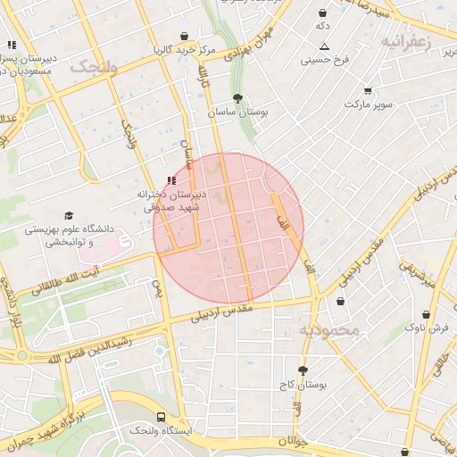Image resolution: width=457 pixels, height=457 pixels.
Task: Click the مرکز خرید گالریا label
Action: click(185, 49)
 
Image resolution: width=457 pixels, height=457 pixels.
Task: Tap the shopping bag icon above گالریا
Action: click(185, 37)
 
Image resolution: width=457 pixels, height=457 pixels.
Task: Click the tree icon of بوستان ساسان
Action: click(237, 99)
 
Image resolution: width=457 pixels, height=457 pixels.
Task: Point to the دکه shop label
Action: click(323, 27)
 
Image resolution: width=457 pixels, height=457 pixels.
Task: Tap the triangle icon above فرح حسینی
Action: click(324, 46)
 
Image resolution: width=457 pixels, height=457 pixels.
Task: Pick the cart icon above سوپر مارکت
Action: click(368, 90)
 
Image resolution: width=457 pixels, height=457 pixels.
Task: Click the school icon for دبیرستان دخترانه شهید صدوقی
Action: click(171, 181)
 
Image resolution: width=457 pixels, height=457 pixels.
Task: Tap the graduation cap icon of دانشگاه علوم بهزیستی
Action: click(69, 215)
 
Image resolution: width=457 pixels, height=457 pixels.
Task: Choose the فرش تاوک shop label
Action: click(427, 328)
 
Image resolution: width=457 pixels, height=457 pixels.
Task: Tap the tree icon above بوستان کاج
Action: click(303, 370)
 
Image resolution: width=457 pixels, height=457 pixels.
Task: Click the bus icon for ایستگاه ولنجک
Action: click(161, 417)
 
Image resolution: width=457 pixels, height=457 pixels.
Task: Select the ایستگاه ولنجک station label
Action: click(161, 431)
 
